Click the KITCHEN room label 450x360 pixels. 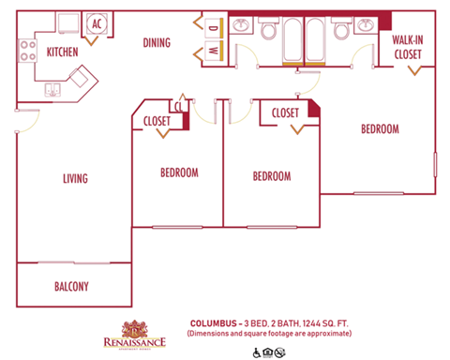[x=63, y=52]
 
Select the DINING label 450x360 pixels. [x=156, y=42]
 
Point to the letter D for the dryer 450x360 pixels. [x=213, y=27]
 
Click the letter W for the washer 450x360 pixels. [x=213, y=51]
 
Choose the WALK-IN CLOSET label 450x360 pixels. [x=408, y=48]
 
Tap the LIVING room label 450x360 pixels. [x=75, y=178]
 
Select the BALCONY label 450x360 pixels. [x=71, y=286]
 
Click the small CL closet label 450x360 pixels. [x=177, y=106]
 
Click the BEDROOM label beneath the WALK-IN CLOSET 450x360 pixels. [x=380, y=128]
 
